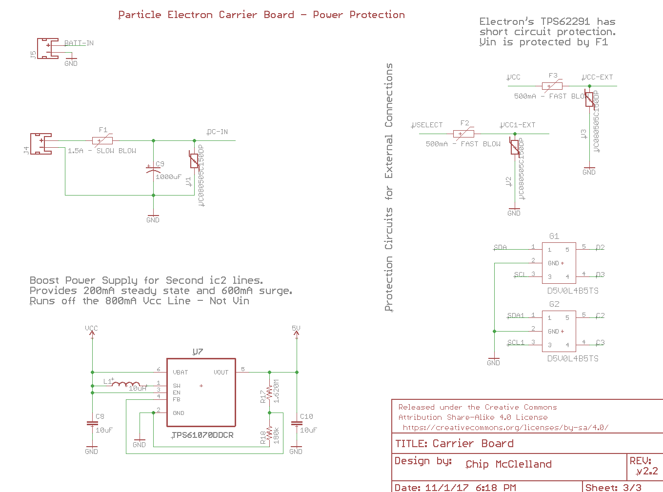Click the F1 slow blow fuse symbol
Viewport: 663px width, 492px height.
point(102,140)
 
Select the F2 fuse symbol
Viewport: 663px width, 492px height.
point(463,134)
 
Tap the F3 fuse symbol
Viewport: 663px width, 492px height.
point(552,86)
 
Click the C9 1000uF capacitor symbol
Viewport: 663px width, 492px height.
point(153,169)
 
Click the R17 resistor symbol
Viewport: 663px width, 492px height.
point(269,393)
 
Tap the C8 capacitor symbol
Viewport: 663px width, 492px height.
point(92,423)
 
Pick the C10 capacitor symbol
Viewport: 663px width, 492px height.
point(296,423)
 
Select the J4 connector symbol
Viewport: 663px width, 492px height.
point(41,144)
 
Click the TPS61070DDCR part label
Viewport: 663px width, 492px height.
point(202,435)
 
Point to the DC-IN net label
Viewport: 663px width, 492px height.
point(217,132)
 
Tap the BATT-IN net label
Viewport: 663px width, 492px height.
point(79,43)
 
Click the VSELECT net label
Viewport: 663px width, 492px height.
point(427,125)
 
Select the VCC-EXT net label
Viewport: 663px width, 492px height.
point(597,77)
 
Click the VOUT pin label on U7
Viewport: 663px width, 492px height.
point(221,372)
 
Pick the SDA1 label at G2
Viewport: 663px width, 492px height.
point(515,315)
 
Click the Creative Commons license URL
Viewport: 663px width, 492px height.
point(505,428)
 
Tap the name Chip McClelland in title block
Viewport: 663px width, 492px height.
point(508,464)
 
